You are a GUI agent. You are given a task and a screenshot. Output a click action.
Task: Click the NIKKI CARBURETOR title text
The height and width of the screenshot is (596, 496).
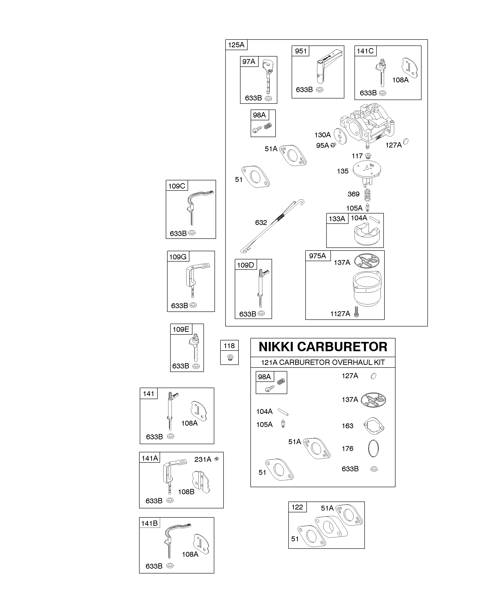[x=323, y=347]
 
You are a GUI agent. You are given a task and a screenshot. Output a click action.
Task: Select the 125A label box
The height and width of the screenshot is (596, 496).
[x=236, y=45]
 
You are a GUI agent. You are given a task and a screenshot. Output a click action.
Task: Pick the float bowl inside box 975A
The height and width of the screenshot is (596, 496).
[x=367, y=289]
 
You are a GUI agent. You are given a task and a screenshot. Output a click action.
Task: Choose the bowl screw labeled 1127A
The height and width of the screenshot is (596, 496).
[x=356, y=312]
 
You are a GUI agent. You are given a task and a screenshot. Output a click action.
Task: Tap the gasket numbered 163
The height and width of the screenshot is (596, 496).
[x=374, y=426]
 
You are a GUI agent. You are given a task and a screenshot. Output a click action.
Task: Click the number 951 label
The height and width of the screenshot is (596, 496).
[x=301, y=51]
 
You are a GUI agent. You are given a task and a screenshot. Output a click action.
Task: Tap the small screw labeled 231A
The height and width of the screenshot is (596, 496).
[x=216, y=459]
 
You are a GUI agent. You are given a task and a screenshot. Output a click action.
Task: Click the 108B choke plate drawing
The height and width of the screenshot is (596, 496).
[x=201, y=482]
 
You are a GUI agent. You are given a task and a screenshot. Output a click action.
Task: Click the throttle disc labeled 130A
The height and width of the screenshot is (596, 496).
[x=340, y=136]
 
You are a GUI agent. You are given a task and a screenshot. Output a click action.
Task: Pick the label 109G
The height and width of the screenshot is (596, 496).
[x=178, y=257]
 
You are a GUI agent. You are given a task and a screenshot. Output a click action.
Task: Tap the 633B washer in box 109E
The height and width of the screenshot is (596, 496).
[x=196, y=366]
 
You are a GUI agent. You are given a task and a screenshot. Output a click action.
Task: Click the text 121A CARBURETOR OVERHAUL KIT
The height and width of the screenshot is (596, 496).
[x=323, y=362]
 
